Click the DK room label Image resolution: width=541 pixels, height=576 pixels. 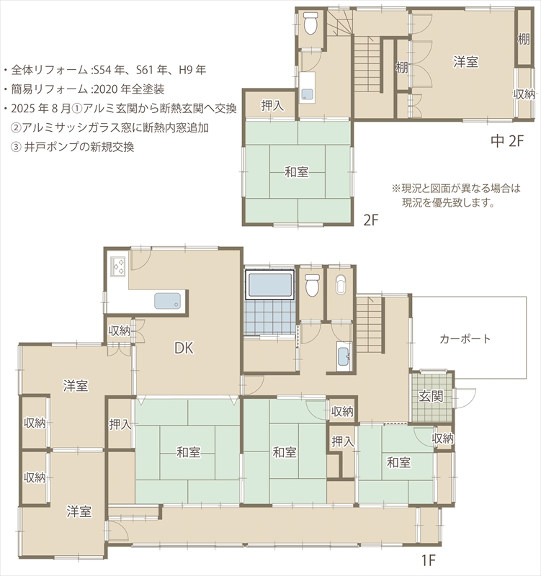coord(184,348)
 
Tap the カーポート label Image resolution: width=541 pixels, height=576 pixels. coord(465,338)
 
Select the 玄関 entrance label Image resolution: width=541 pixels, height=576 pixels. coord(431,397)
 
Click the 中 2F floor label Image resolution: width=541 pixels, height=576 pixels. coord(507,140)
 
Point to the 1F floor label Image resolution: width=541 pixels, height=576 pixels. coord(428,561)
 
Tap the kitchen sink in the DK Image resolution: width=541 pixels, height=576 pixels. coord(167,300)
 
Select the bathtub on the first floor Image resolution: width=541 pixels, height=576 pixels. coord(269,284)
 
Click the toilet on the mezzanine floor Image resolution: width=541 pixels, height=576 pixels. coord(310,24)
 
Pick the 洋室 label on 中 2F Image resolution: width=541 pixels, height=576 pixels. coord(465,62)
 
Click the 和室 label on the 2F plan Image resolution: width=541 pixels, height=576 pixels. coord(297,172)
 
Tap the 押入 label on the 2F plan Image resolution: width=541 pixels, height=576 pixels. coord(272,106)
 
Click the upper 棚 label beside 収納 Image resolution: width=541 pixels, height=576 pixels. coord(524,39)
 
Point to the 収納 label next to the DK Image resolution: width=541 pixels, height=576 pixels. coord(119,330)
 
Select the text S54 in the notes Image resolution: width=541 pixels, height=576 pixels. coord(102,70)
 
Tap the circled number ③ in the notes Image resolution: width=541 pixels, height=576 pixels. coord(16,147)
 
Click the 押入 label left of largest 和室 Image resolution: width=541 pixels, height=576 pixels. coord(120,424)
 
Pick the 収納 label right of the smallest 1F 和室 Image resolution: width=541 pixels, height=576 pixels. coord(442,438)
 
